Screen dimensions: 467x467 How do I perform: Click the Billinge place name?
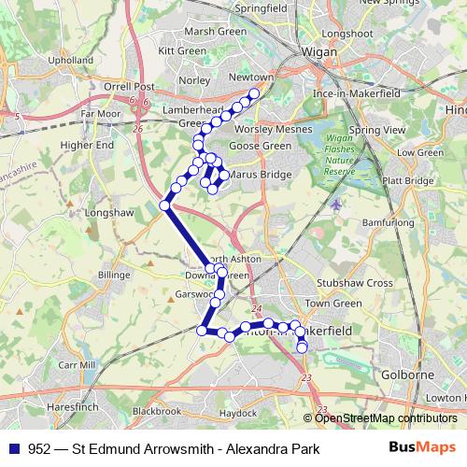pos(115,276)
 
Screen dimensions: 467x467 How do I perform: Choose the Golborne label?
pos(403,374)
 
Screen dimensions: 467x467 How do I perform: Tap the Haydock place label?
pos(236,412)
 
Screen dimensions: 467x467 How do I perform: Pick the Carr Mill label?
pos(76,364)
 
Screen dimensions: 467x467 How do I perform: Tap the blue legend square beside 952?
pos(14,449)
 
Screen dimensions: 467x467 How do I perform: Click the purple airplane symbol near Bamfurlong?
pos(335,204)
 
